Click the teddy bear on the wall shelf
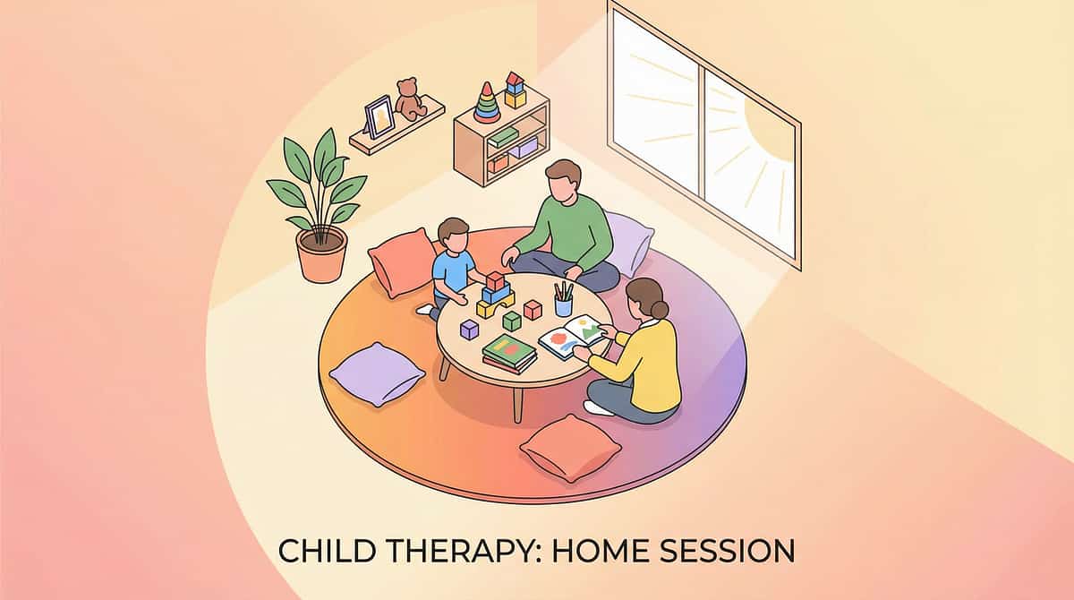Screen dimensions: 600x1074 coord(411,99)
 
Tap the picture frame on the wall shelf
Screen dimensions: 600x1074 coord(379,117)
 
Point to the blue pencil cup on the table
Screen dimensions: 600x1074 coord(563,305)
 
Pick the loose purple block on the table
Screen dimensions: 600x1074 coord(469,329)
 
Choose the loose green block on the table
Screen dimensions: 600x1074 coord(511,321)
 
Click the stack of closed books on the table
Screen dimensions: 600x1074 coord(509,352)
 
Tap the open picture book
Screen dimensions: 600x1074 coord(572,337)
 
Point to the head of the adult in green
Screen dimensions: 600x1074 coord(562,183)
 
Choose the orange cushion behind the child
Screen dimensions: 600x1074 coord(402,261)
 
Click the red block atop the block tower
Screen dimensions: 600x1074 coord(495,280)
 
